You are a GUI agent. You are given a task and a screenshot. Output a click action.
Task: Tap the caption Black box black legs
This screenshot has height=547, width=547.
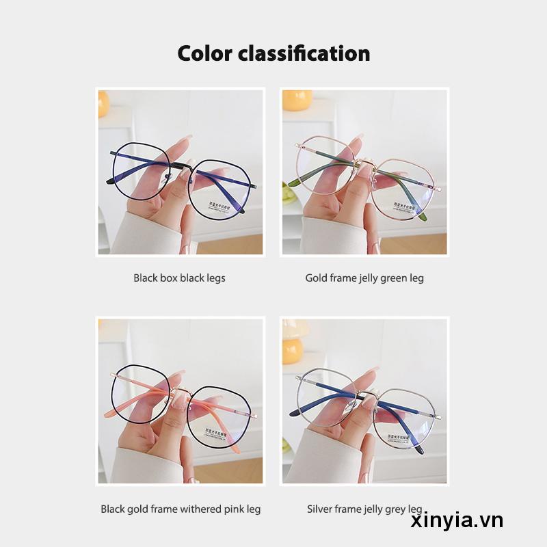(x=179, y=278)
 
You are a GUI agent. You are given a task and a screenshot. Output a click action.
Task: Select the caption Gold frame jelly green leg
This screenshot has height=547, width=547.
(x=364, y=278)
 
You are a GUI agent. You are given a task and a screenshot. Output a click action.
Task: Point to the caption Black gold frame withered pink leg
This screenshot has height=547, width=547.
(x=181, y=509)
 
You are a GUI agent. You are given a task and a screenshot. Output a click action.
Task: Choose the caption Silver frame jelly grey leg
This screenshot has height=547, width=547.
(x=364, y=509)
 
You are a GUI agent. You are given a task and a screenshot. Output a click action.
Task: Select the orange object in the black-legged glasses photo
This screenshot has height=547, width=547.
(x=103, y=103)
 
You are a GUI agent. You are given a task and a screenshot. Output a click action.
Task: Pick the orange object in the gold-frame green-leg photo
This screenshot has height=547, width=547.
(x=297, y=100)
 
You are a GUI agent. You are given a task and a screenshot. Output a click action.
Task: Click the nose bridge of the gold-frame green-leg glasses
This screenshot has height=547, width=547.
(x=363, y=164)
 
